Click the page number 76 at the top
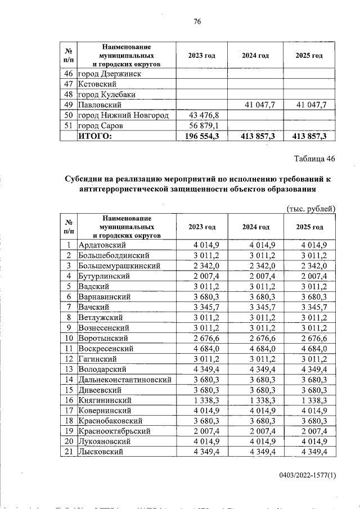click(x=197, y=22)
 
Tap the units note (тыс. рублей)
click(x=311, y=209)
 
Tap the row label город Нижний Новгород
click(x=123, y=115)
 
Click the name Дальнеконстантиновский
click(x=124, y=380)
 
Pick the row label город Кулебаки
click(x=109, y=94)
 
